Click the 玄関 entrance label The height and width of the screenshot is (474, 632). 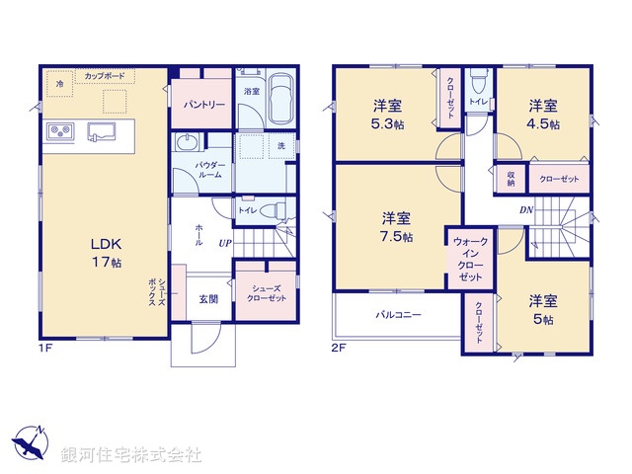[x=207, y=299]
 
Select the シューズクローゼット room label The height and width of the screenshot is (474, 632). [x=267, y=293]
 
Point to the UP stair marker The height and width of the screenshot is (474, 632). [x=224, y=243]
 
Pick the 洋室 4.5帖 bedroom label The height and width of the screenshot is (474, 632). [x=542, y=115]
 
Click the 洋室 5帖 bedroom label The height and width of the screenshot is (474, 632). [x=541, y=310]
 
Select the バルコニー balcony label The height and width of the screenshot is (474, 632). [x=398, y=317]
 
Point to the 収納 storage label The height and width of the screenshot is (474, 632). [x=510, y=178]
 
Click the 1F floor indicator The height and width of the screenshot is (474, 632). [x=46, y=348]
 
